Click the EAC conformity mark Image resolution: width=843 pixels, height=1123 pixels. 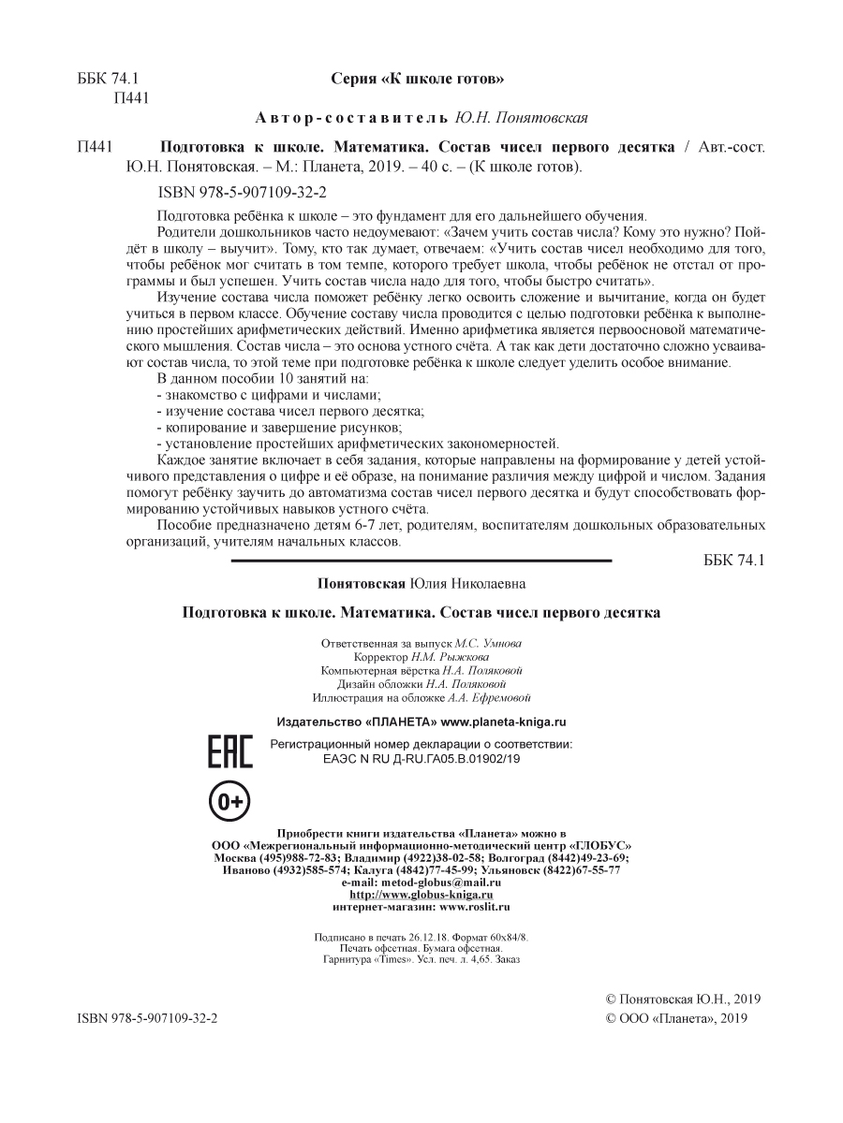229,751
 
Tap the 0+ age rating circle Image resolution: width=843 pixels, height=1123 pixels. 229,803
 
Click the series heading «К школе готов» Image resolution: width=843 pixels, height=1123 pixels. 423,78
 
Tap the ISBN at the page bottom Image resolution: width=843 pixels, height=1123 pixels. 147,1017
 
